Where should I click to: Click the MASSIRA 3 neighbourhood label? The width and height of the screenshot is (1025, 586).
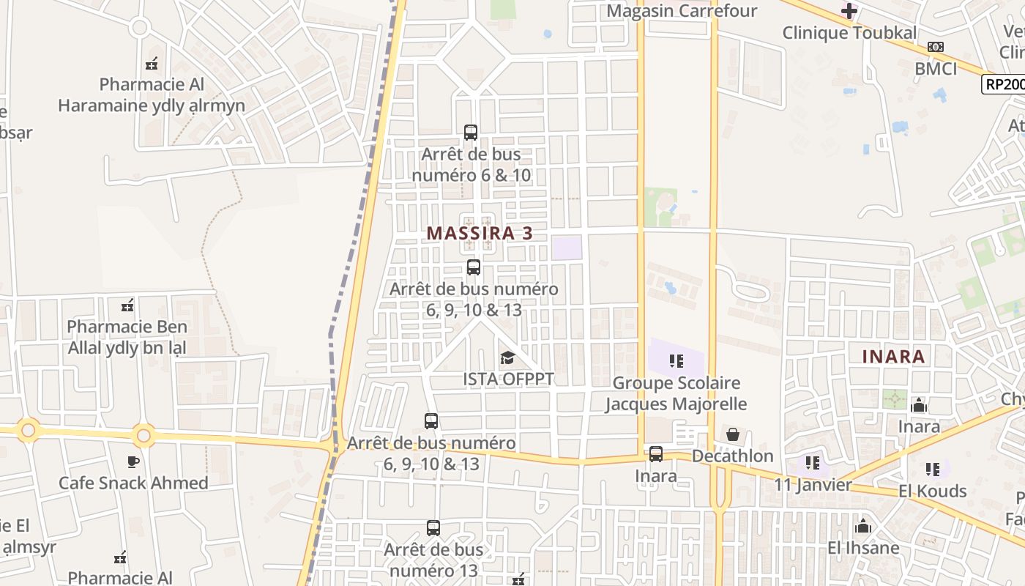point(479,233)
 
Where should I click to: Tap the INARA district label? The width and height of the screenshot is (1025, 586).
point(893,357)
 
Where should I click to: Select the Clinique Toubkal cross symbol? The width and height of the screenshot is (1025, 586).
point(849,11)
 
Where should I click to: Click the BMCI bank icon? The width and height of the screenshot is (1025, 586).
point(935,47)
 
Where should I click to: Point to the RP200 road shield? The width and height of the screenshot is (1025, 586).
point(1002,84)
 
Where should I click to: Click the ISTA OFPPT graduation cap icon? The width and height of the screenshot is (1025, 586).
point(507,357)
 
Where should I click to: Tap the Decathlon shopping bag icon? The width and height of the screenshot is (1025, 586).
point(732,434)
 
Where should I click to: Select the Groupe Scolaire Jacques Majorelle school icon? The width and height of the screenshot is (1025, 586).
point(676,360)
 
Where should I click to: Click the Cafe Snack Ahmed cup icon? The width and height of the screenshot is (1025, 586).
point(133,461)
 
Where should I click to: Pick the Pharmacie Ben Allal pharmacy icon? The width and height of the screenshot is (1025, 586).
point(127,305)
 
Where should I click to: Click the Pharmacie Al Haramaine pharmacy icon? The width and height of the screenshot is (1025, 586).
point(152,63)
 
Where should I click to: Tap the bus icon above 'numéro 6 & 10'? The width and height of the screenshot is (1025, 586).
point(471,133)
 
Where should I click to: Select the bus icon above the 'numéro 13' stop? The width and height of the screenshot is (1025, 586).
point(433,527)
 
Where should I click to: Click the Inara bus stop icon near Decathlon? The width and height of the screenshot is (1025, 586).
point(656,454)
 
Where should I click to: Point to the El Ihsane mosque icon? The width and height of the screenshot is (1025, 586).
point(863,526)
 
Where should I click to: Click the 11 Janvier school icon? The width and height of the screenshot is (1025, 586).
point(812,462)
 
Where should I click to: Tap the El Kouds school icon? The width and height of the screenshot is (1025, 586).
point(932,469)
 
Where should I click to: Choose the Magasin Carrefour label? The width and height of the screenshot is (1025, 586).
point(682,11)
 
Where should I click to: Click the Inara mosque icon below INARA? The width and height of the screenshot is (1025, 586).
point(918,405)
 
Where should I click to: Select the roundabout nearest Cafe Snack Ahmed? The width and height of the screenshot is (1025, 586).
point(143,436)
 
